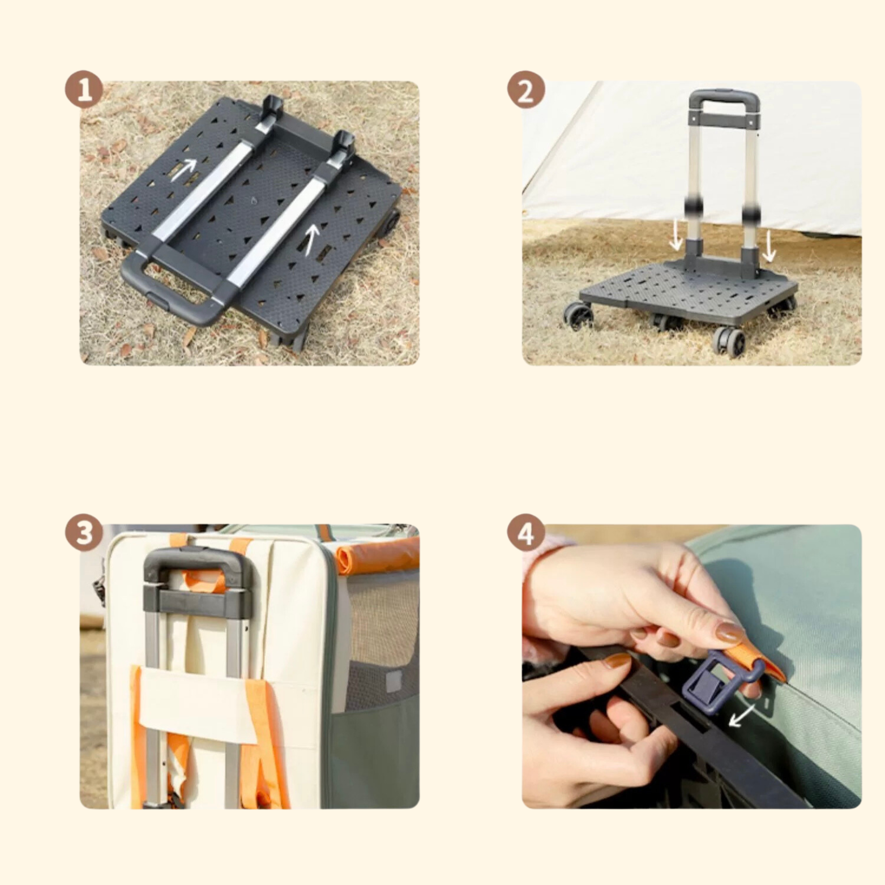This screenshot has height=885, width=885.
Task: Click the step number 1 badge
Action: pos(84,89)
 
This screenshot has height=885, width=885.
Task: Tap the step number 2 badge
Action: pos(526,89)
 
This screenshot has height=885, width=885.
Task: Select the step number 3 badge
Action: pos(84,533)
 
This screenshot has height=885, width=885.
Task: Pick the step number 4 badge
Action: pos(526,533)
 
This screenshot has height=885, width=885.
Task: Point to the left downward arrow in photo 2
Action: pos(676,236)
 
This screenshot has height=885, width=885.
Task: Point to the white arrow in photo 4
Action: pos(742,715)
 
